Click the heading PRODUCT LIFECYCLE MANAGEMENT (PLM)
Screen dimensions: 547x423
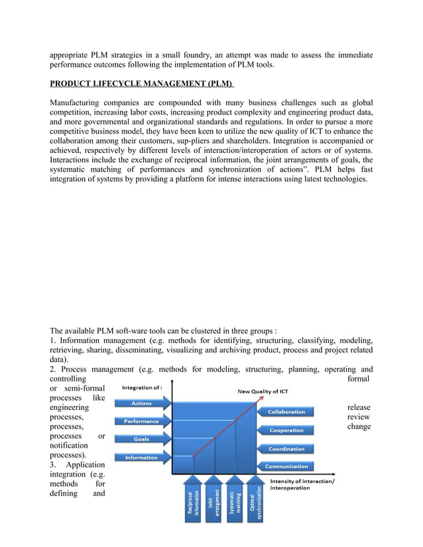tap(142, 85)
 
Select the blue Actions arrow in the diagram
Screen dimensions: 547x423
tap(143, 403)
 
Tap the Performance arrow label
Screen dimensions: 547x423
tap(143, 421)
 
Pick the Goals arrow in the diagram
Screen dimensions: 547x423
tap(143, 439)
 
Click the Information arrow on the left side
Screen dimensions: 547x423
tap(143, 457)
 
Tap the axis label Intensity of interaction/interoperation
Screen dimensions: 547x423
tap(302, 485)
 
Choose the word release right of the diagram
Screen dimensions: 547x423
tap(359, 408)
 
